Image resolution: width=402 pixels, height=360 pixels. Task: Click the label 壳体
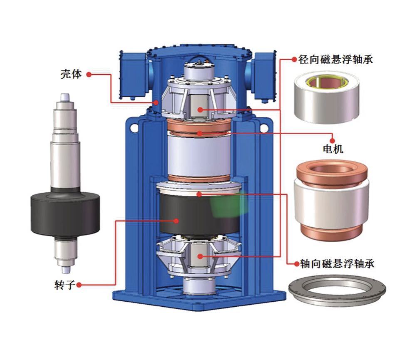click(71, 74)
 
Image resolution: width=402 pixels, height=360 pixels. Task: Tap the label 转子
click(65, 285)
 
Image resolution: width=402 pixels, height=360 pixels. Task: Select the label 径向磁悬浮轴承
click(335, 60)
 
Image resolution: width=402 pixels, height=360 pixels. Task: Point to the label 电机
click(333, 149)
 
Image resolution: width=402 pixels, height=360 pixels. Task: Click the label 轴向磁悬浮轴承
click(337, 264)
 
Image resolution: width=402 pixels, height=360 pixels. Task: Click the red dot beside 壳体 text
click(89, 74)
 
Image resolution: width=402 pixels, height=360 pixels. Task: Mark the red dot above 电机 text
click(332, 141)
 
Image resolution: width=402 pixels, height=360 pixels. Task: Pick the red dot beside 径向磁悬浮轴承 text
click(294, 60)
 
